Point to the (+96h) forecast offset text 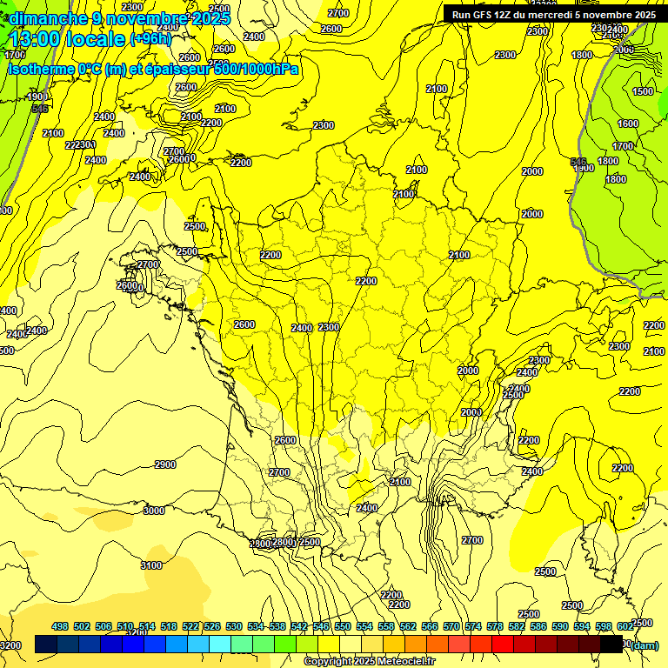[152, 38]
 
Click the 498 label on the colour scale [60, 626]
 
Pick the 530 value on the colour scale [234, 626]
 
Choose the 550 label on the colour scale [343, 626]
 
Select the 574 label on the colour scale [473, 626]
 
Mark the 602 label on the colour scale [625, 626]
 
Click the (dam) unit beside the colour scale [644, 645]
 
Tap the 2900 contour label [164, 464]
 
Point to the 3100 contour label [150, 565]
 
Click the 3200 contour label [10, 645]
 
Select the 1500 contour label [643, 91]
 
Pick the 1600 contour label [626, 124]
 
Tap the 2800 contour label [284, 542]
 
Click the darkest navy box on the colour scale [46, 645]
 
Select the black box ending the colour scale [611, 645]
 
